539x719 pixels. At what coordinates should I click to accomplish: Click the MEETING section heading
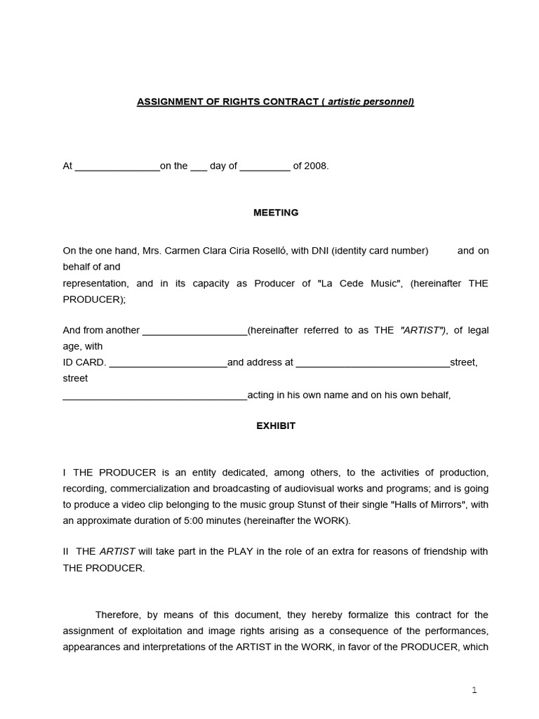click(276, 213)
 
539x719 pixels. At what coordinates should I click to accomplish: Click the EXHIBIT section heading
click(276, 426)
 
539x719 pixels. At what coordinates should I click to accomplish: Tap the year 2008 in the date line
click(316, 166)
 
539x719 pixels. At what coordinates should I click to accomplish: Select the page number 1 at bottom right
click(474, 690)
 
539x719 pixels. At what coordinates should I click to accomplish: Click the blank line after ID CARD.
click(168, 363)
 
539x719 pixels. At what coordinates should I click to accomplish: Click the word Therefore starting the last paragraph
click(118, 614)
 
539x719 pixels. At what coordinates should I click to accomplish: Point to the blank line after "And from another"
click(194, 331)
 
